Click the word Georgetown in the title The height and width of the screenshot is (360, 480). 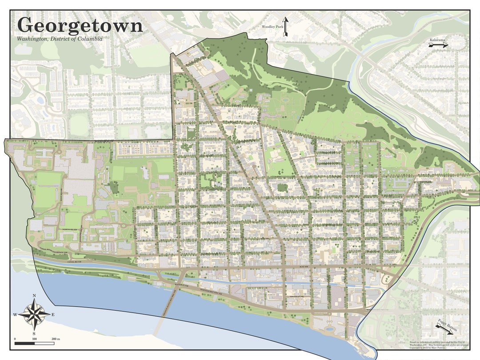(x=80, y=25)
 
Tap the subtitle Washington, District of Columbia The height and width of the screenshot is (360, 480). (x=60, y=39)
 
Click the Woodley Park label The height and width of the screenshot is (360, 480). (x=272, y=28)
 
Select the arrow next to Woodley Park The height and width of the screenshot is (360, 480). (x=285, y=27)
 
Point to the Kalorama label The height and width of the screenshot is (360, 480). (x=436, y=40)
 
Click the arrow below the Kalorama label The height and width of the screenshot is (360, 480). (x=439, y=45)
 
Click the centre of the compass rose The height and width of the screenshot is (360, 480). (x=34, y=314)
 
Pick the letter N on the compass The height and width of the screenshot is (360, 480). (x=34, y=296)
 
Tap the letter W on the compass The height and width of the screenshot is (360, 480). (x=15, y=315)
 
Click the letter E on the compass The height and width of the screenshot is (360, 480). (x=53, y=315)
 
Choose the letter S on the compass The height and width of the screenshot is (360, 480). (x=34, y=333)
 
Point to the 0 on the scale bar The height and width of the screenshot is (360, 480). (x=16, y=339)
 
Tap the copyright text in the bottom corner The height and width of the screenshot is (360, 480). (x=439, y=344)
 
